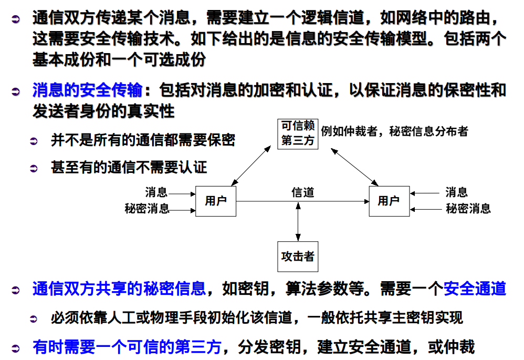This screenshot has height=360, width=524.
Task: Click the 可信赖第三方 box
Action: point(298,134)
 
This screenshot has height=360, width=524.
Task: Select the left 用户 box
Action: point(215,201)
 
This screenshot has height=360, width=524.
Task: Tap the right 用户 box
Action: point(389,201)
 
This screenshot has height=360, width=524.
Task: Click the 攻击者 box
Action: point(298,256)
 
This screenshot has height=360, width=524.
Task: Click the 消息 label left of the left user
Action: point(156,193)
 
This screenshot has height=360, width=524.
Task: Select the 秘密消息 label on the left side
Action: point(147,209)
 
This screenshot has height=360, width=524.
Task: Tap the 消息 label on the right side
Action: point(456,193)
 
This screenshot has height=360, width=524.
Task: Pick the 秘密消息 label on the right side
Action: point(468,209)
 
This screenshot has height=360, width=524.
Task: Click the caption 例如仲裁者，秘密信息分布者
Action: point(394,131)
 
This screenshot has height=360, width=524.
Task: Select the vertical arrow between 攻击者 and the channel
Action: point(298,221)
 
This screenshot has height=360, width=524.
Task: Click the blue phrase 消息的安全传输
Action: point(87,90)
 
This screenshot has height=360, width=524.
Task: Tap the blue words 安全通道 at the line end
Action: point(475,289)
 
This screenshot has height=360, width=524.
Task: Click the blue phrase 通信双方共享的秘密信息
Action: point(119,289)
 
